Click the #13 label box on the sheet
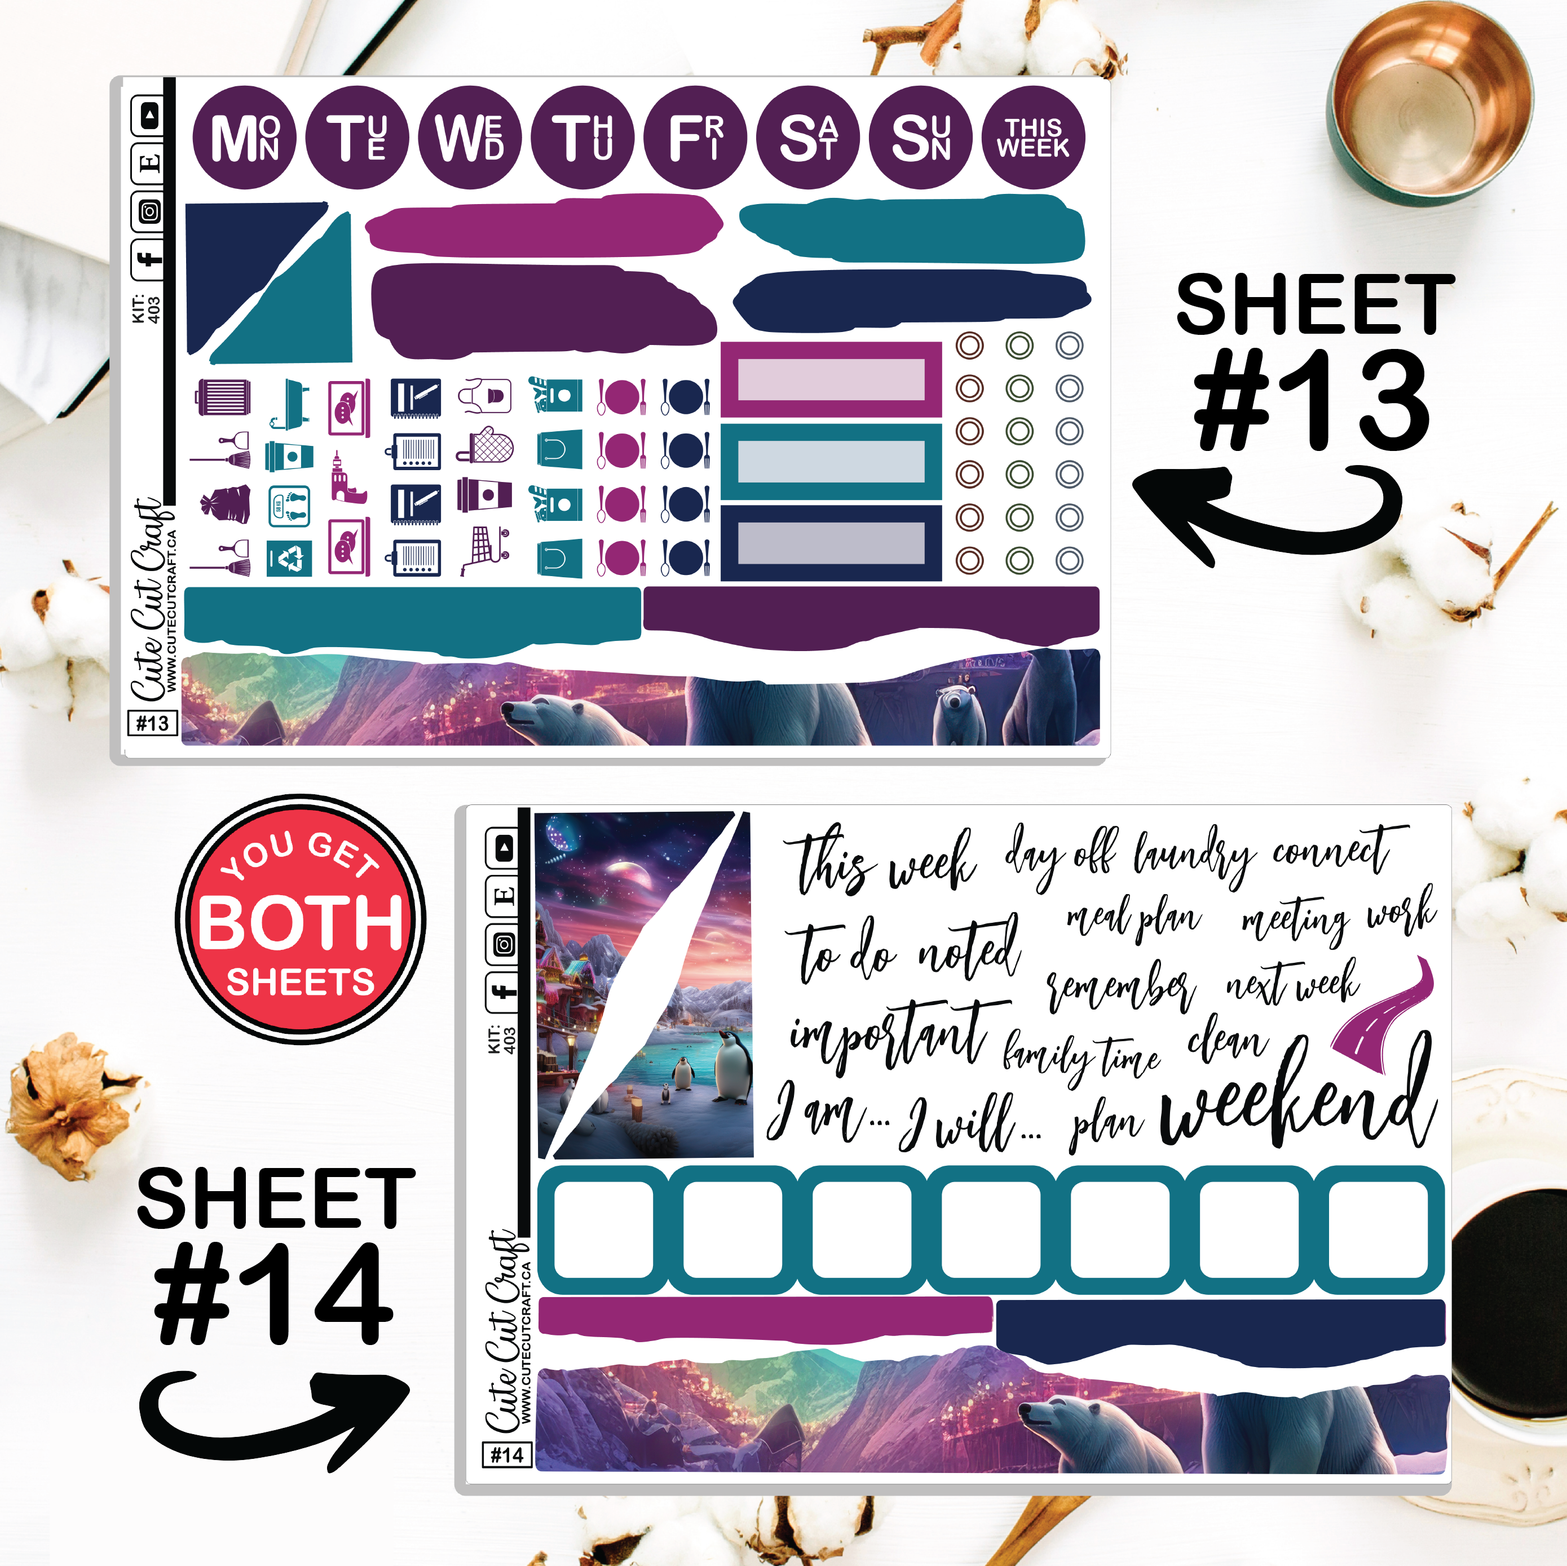[x=152, y=723]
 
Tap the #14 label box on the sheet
[x=507, y=1455]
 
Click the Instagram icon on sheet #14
[x=505, y=945]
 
